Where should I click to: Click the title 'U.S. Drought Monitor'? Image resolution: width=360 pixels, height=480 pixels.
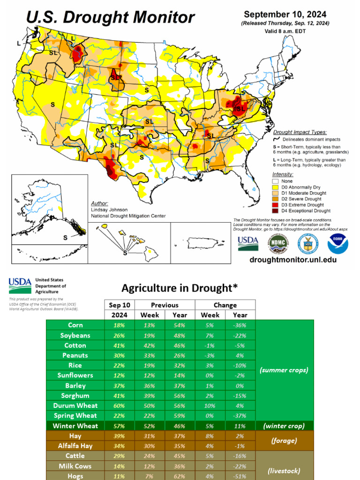point(110,17)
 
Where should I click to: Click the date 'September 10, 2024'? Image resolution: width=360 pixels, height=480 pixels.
point(285,15)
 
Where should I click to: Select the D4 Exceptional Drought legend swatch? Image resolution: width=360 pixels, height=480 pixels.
point(276,210)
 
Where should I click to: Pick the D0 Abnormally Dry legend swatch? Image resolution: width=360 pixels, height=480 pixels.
point(276,187)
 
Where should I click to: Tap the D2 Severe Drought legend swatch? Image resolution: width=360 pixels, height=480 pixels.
point(276,199)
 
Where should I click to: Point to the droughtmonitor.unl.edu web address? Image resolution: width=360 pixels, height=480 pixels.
point(292,259)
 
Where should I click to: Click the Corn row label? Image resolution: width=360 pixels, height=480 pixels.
point(75,325)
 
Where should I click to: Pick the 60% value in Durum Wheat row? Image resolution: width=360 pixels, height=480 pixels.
point(119,405)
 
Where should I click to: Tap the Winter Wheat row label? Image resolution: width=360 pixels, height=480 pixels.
point(75,426)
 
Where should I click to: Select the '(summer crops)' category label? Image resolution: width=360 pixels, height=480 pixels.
point(284,370)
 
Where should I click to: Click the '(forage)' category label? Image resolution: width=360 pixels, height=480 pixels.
point(284,441)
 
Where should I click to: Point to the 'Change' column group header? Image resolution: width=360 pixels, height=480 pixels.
point(225,305)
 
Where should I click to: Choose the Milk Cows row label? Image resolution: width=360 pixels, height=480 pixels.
point(75,466)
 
